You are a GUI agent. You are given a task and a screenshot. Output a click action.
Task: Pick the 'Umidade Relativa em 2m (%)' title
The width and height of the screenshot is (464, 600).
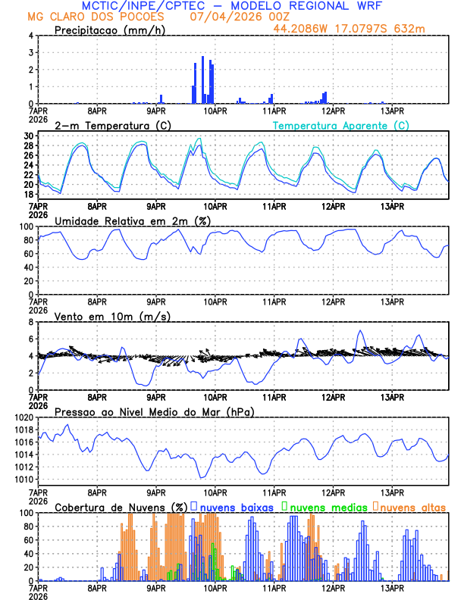133,220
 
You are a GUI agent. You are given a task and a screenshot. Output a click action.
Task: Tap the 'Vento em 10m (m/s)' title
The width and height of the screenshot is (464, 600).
112,316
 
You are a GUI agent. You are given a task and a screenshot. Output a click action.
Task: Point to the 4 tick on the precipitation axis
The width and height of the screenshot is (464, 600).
30,36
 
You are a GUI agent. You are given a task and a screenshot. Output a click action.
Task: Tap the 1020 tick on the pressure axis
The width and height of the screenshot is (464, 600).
23,417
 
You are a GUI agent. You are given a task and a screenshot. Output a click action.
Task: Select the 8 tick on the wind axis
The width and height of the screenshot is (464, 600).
30,322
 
